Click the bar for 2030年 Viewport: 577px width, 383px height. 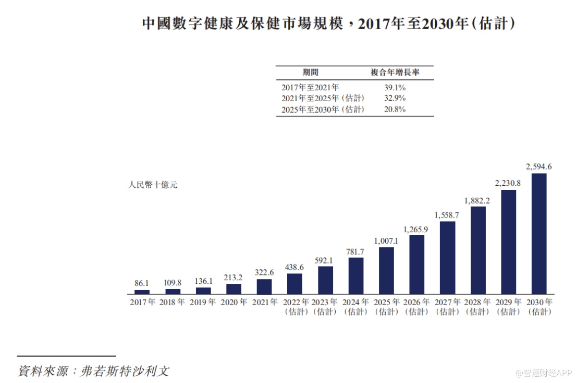pos(539,233)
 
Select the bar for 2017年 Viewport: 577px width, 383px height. pos(142,292)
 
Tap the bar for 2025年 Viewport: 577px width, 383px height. pos(386,270)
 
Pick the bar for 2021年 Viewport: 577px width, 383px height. pos(264,286)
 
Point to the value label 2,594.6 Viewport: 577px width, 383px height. pos(539,167)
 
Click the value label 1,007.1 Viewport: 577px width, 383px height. pos(386,241)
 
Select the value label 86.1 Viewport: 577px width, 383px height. pos(142,283)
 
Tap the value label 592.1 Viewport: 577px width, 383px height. pos(325,260)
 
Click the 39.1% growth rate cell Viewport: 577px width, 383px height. pos(395,88)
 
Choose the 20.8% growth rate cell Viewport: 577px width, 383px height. pos(395,109)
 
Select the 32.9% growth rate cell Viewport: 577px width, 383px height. pos(395,98)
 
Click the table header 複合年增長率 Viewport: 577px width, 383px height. pos(395,73)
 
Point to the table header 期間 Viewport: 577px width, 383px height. pos(311,73)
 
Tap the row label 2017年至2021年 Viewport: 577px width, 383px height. pos(310,88)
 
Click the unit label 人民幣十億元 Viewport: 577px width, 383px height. pos(153,185)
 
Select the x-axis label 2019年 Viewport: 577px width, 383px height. pos(203,302)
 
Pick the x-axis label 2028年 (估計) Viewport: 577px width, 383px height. pos(478,307)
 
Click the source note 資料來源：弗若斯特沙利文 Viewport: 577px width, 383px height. pos(94,371)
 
